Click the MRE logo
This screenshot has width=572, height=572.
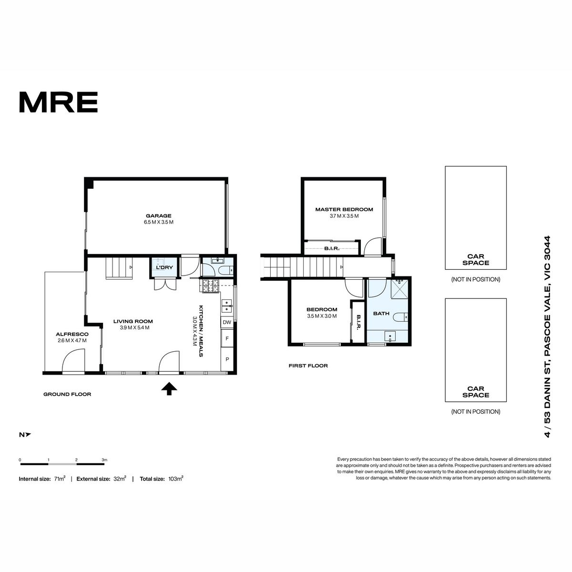pyautogui.click(x=59, y=102)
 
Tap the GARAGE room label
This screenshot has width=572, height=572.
pyautogui.click(x=159, y=216)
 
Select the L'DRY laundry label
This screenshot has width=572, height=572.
pyautogui.click(x=164, y=267)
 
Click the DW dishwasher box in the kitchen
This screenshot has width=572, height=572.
pyautogui.click(x=227, y=322)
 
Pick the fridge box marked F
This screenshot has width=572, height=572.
pyautogui.click(x=227, y=338)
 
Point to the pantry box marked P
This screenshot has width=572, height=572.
pyautogui.click(x=227, y=359)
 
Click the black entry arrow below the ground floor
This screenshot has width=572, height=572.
pyautogui.click(x=169, y=388)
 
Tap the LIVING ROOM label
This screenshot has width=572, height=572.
pyautogui.click(x=133, y=321)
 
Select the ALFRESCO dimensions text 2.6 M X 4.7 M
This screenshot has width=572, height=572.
pyautogui.click(x=72, y=340)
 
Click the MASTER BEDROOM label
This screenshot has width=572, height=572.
pyautogui.click(x=344, y=209)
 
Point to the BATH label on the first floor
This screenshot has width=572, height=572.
pyautogui.click(x=381, y=314)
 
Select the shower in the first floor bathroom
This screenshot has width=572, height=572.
pyautogui.click(x=399, y=289)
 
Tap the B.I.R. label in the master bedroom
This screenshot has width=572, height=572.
pyautogui.click(x=332, y=248)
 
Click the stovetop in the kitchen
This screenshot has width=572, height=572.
pyautogui.click(x=211, y=286)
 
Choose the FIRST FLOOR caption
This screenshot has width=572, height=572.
pyautogui.click(x=308, y=366)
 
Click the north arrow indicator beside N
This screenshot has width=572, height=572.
pyautogui.click(x=28, y=435)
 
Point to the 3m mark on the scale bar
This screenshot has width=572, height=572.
pyautogui.click(x=104, y=460)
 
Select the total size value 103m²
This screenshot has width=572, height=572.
pyautogui.click(x=176, y=479)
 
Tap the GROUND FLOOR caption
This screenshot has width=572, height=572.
pyautogui.click(x=67, y=394)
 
